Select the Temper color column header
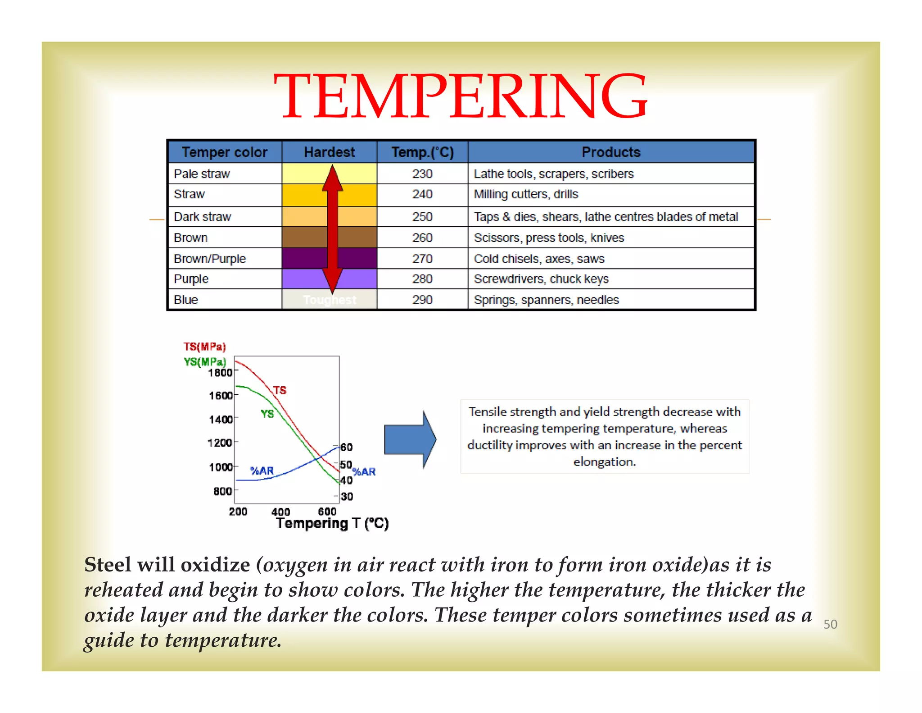(x=224, y=152)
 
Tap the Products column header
(x=610, y=152)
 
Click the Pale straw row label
(x=202, y=174)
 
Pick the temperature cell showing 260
(x=422, y=238)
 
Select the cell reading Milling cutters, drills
(x=525, y=194)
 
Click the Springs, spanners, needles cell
(x=546, y=300)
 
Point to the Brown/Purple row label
(x=210, y=259)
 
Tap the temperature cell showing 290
(x=422, y=300)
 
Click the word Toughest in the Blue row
(x=330, y=300)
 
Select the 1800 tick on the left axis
(x=220, y=373)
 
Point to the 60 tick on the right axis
(x=346, y=447)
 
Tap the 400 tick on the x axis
(x=280, y=512)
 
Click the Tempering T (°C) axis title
(x=332, y=523)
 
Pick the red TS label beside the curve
(x=280, y=390)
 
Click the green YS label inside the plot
(x=267, y=414)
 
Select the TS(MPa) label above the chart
(x=204, y=347)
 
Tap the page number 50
(x=830, y=624)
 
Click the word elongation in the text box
(x=604, y=462)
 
